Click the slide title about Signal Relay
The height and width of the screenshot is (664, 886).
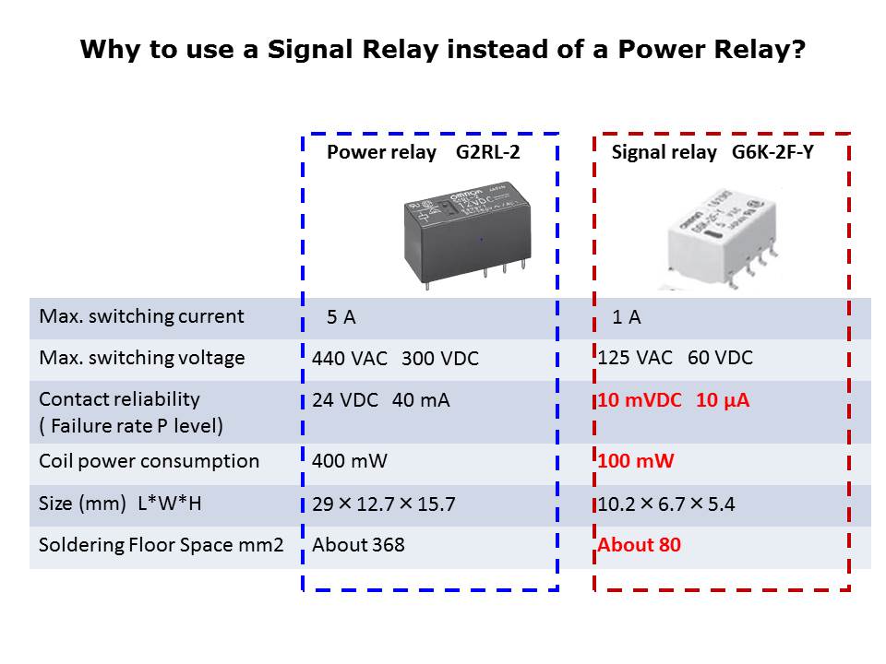pyautogui.click(x=443, y=50)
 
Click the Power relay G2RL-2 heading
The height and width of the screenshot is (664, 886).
pyautogui.click(x=423, y=153)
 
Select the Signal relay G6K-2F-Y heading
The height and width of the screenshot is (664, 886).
pyautogui.click(x=712, y=153)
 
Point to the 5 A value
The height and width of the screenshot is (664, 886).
pyautogui.click(x=341, y=318)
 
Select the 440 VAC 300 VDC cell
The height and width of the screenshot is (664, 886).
pyautogui.click(x=395, y=359)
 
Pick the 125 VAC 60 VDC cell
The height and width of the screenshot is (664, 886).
pyautogui.click(x=675, y=358)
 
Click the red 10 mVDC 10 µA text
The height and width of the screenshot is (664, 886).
pyautogui.click(x=673, y=400)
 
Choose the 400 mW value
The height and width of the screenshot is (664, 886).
pyautogui.click(x=350, y=461)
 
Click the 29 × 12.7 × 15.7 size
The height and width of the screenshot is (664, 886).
pyautogui.click(x=384, y=504)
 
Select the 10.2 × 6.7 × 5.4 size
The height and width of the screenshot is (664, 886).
pyautogui.click(x=666, y=504)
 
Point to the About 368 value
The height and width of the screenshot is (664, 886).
pyautogui.click(x=358, y=545)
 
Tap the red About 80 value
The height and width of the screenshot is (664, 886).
pyautogui.click(x=639, y=545)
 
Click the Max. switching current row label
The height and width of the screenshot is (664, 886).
pyautogui.click(x=141, y=316)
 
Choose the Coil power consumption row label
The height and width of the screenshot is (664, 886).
pyautogui.click(x=149, y=461)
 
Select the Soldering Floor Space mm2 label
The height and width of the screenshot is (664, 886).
pyautogui.click(x=162, y=545)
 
